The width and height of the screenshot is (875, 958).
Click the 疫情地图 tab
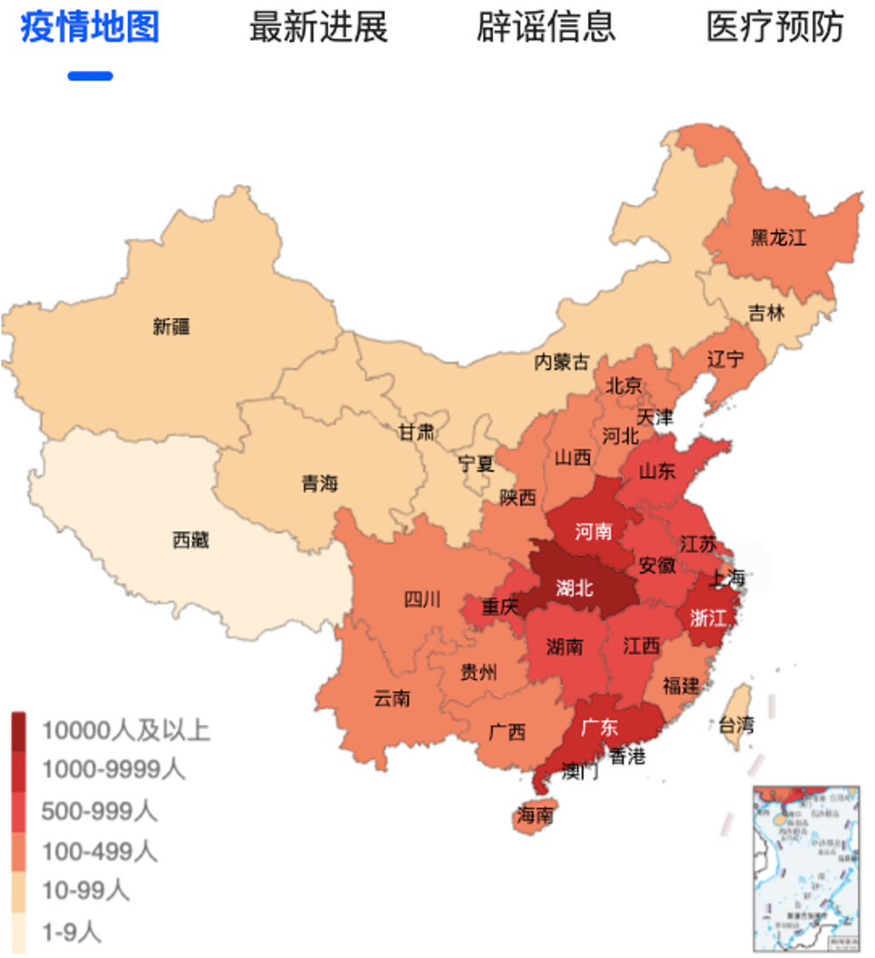tap(90, 26)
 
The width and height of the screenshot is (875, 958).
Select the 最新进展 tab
tap(318, 26)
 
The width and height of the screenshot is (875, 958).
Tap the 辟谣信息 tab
tap(546, 26)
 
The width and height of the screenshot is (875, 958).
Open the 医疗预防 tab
tap(774, 26)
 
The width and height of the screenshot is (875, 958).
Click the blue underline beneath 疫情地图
tap(90, 76)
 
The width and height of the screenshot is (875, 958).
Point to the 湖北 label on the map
tap(575, 588)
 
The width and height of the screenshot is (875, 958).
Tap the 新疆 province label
tap(171, 326)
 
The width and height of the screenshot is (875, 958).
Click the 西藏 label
tap(190, 539)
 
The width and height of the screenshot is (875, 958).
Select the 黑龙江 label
tap(778, 238)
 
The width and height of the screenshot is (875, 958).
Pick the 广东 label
tap(599, 728)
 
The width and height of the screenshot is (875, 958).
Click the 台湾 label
tap(736, 726)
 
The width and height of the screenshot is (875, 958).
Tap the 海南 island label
tap(534, 815)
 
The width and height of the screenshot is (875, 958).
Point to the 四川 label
tap(422, 599)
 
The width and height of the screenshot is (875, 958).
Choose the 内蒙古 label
tap(561, 362)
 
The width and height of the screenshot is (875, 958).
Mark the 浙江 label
tap(707, 618)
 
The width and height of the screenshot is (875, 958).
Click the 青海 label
tap(319, 484)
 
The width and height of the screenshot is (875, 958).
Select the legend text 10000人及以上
tap(125, 730)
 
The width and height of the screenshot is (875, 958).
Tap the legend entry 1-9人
tap(72, 932)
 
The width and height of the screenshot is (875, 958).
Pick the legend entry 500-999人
tap(99, 811)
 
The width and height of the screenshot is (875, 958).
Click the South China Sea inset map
tap(806, 869)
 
